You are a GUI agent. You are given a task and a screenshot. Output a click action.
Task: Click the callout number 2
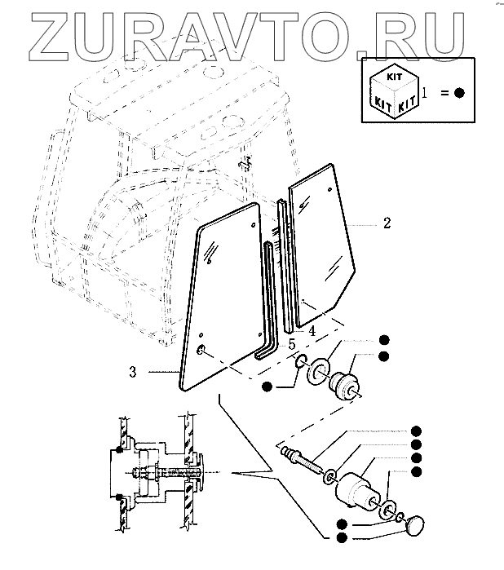[x=387, y=223]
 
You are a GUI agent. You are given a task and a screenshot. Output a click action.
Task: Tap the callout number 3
[x=133, y=373]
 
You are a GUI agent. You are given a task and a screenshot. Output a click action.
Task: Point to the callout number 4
[x=312, y=329]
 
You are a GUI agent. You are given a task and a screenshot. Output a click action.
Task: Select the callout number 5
[x=291, y=344]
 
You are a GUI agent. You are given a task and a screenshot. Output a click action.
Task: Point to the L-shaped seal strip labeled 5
[x=268, y=302]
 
